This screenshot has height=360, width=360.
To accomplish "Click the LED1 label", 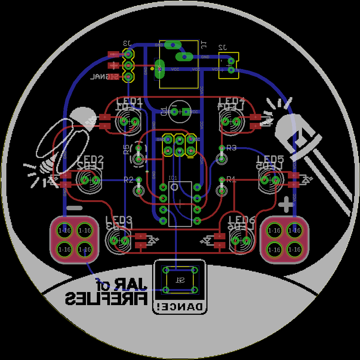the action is tap(129, 101).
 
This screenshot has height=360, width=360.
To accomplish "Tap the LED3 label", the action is tap(119, 220).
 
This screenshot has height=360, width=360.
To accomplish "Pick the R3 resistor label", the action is tap(231, 148).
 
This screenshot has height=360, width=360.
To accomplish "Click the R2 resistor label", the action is tap(128, 180).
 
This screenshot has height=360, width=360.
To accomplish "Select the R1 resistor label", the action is tap(231, 179).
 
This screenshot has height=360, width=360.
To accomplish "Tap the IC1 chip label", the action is tap(173, 177).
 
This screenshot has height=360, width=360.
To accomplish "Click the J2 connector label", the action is tap(223, 47).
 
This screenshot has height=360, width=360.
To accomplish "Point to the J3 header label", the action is tap(127, 43).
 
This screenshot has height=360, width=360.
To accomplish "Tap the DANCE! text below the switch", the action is tap(179, 307).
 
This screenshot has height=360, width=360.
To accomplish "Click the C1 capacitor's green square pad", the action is tap(185, 111).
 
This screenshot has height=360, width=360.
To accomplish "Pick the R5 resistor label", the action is tap(126, 150).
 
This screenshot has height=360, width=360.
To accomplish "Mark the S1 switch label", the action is tap(180, 280).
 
